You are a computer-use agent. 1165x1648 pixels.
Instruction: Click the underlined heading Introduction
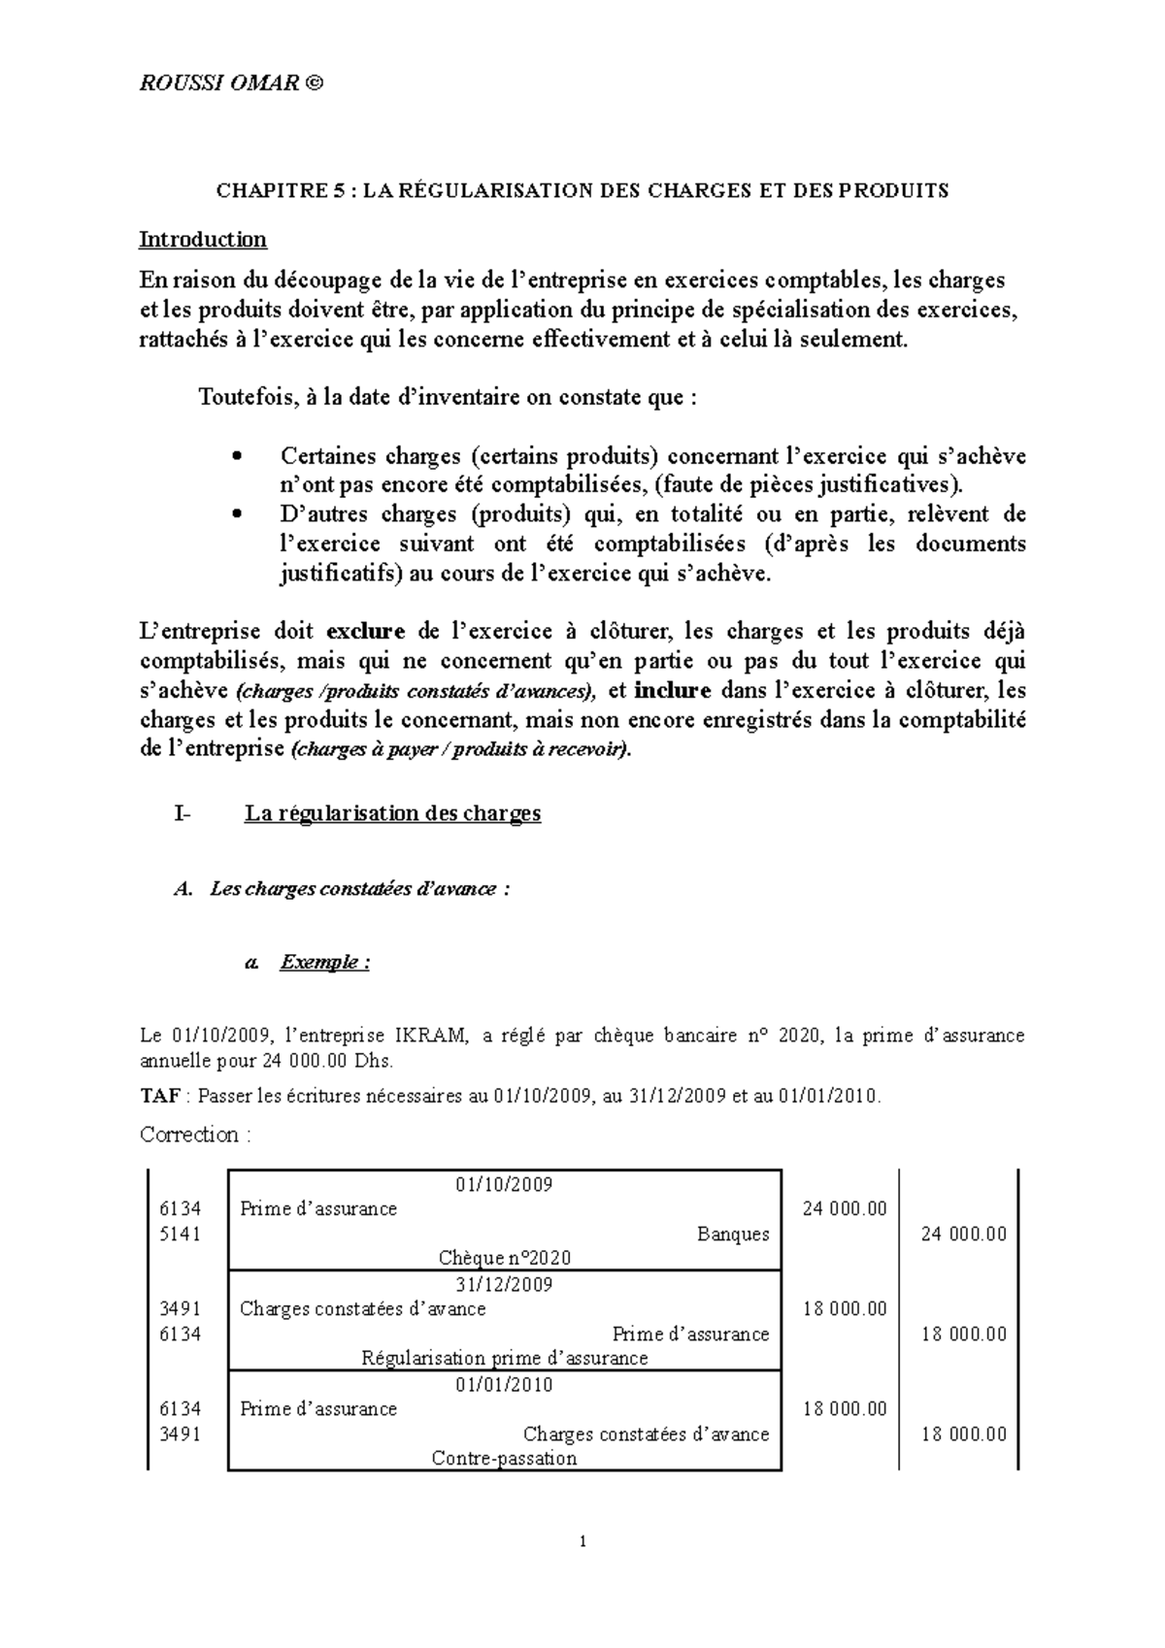coord(203,239)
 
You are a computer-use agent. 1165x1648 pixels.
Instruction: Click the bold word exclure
coord(365,632)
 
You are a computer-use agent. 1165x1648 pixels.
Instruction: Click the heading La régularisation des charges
coord(392,813)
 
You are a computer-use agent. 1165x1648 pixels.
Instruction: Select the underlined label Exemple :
coord(324,963)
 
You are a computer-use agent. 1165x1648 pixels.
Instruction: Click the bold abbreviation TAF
coord(160,1097)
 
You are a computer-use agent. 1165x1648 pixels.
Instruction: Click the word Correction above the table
coord(189,1135)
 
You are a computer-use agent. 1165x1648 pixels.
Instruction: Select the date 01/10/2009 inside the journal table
coord(504,1185)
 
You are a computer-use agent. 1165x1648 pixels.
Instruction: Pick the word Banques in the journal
coord(733,1235)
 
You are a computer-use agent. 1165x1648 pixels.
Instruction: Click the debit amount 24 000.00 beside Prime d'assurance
coord(845,1209)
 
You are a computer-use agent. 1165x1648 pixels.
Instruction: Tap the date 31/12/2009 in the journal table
coord(504,1285)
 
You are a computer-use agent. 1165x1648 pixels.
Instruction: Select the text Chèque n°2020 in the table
coord(504,1259)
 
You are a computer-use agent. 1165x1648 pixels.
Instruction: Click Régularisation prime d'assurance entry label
coord(504,1359)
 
